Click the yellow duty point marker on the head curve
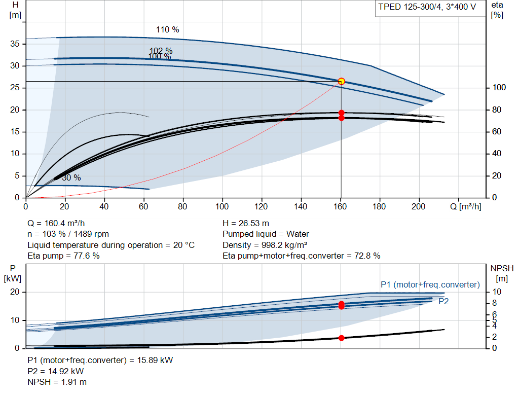click(341, 82)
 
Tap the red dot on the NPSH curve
click(341, 338)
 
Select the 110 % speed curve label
click(167, 30)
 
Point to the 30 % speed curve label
click(71, 178)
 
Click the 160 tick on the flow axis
click(340, 206)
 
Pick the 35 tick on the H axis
click(15, 44)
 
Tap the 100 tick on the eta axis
click(499, 87)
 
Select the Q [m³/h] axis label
click(465, 206)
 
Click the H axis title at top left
click(15, 10)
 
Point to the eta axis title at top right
click(497, 10)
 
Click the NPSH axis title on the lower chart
click(502, 273)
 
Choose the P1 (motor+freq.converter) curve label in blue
click(430, 285)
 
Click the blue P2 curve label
click(443, 301)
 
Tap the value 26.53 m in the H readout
click(254, 224)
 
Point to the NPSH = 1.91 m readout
click(57, 382)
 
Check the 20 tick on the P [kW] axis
click(15, 292)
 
